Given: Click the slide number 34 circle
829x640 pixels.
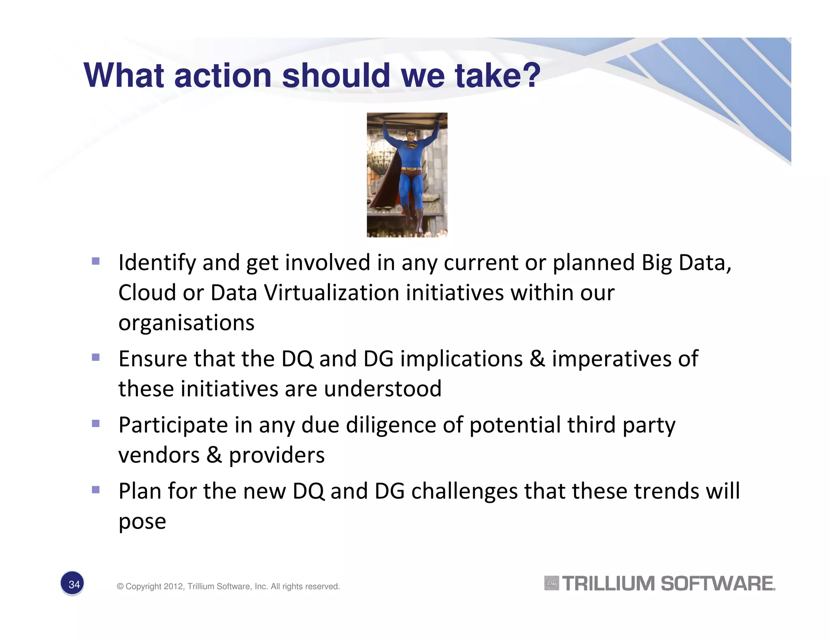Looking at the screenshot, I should click(72, 584).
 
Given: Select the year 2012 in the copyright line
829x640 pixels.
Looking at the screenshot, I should click(173, 587).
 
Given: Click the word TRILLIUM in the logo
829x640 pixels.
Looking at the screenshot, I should click(608, 584).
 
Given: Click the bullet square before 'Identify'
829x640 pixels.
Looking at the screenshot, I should click(96, 261).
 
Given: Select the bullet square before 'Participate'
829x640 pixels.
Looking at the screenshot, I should click(96, 424).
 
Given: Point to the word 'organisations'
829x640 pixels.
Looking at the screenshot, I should click(186, 323).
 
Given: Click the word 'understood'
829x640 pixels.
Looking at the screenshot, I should click(383, 389).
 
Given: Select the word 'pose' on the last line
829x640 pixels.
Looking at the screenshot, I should click(142, 521).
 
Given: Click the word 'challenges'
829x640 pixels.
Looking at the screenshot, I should click(464, 491).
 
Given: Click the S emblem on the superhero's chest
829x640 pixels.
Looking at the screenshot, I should click(410, 146).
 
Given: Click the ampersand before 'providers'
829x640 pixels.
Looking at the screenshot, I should click(214, 455).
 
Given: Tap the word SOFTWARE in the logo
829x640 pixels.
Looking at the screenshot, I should click(717, 584).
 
